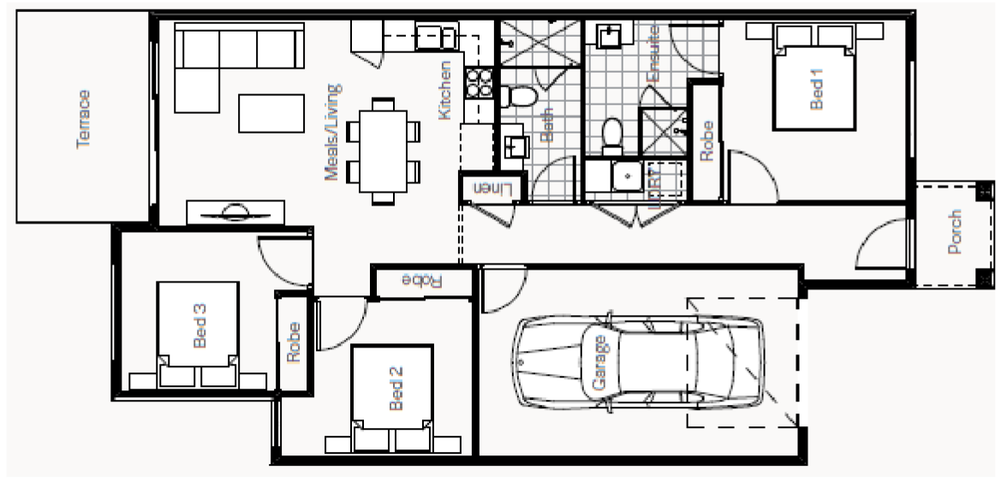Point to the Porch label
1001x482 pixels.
956,233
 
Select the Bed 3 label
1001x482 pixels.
200,324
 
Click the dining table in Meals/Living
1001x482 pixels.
384,151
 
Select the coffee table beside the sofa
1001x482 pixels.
271,112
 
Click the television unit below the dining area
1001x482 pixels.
235,211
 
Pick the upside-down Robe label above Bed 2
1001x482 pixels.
421,280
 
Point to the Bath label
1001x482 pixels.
549,128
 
